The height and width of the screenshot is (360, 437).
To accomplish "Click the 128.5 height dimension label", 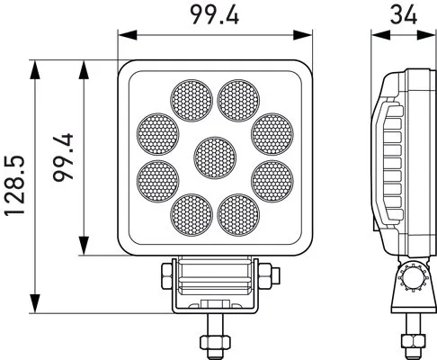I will [x=15, y=188].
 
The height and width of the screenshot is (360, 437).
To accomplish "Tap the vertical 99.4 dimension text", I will [x=63, y=158].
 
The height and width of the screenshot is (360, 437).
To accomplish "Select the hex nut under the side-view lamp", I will [x=412, y=339].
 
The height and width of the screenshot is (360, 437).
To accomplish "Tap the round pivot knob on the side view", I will [x=414, y=278].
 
